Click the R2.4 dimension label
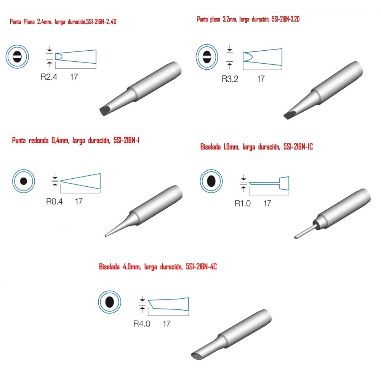49,77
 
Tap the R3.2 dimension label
230,79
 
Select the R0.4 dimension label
54,202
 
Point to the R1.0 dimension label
242,203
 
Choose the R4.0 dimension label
142,323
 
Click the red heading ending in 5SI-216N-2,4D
63,22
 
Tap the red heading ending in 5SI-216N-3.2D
248,19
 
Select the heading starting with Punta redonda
75,141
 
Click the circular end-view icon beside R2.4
17,57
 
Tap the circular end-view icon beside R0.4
24,181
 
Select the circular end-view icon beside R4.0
110,302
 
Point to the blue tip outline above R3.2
263,57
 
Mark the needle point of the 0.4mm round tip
106,236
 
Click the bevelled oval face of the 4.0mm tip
197,356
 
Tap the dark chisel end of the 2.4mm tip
105,111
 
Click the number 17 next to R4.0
166,323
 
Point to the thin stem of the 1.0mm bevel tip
306,232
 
